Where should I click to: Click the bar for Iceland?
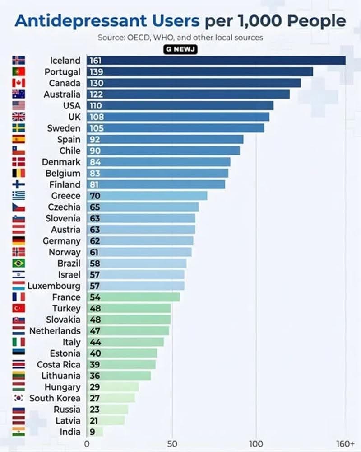tap(217, 61)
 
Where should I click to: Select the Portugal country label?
tap(62, 72)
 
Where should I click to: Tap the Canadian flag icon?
tap(19, 83)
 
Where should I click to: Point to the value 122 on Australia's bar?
tap(96, 94)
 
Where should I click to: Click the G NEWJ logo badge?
tap(180, 49)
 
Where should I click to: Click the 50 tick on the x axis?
tap(172, 444)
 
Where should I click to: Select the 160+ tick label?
tap(346, 444)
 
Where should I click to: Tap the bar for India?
tap(95, 432)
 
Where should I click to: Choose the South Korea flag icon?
tap(19, 398)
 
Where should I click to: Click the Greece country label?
tap(66, 196)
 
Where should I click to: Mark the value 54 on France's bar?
tap(95, 297)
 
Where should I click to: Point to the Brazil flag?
tap(19, 263)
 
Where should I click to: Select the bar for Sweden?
tap(176, 128)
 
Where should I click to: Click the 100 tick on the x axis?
tap(256, 444)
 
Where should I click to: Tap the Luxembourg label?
tap(54, 286)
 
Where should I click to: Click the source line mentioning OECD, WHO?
tap(180, 37)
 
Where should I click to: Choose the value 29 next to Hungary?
tap(95, 387)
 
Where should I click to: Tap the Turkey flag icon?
tap(19, 308)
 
